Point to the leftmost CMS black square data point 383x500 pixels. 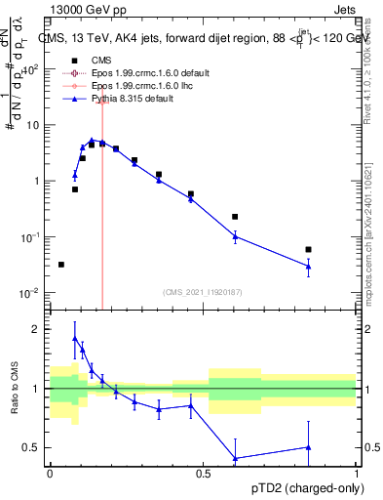(61, 265)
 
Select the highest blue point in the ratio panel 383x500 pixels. (75, 339)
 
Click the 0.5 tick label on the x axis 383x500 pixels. (204, 473)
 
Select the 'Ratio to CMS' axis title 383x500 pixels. (15, 389)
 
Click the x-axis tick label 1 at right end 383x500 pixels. (357, 473)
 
